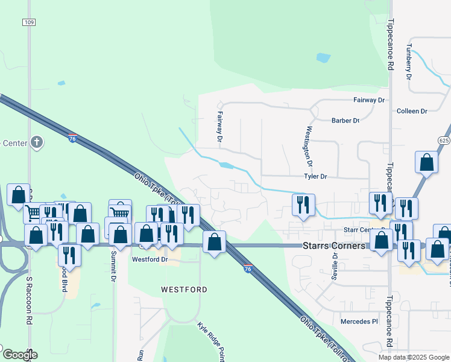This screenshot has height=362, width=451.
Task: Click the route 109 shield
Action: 29,22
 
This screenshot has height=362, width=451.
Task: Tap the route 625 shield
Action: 444,140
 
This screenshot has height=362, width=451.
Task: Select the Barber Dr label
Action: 345,121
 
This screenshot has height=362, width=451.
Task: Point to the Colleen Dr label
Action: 412,111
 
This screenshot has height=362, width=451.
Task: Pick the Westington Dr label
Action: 309,146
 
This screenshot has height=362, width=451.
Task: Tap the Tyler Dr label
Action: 315,177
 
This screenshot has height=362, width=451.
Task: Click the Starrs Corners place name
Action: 333,246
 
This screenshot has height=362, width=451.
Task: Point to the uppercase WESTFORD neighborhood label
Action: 184,290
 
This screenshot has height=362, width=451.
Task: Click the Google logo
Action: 20,354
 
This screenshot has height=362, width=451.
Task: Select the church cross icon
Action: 36,142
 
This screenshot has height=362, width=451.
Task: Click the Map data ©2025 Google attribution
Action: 413,357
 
